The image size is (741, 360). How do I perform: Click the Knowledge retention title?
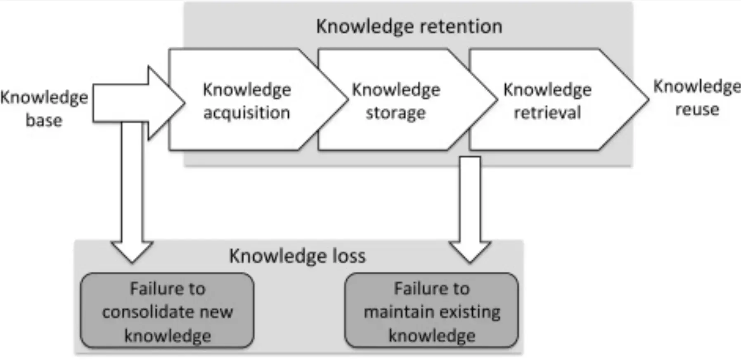(x=409, y=26)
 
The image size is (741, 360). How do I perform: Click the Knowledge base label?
(x=44, y=109)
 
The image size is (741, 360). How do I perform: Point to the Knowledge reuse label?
(x=697, y=98)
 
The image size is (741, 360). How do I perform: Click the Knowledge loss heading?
(x=297, y=256)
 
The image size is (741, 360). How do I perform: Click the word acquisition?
(x=246, y=113)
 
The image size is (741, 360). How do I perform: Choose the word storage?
(x=395, y=113)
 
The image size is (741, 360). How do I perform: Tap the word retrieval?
(x=547, y=113)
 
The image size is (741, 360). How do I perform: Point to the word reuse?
(x=697, y=110)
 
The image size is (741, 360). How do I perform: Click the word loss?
(x=349, y=256)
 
